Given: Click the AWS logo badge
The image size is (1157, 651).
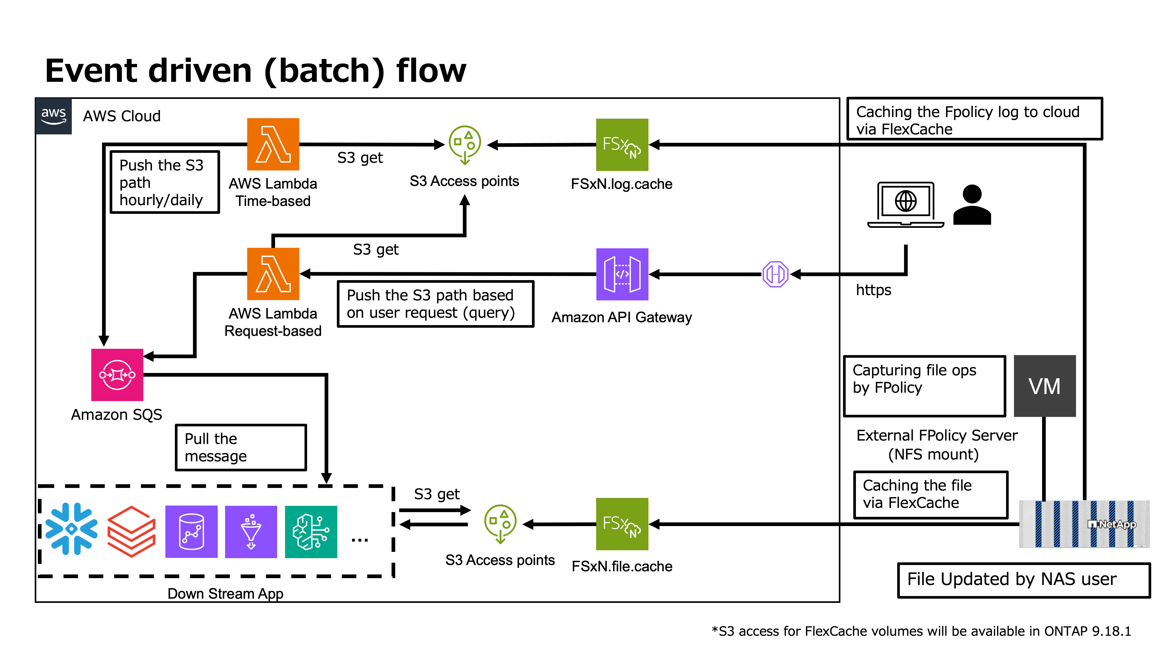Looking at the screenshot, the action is click(53, 116).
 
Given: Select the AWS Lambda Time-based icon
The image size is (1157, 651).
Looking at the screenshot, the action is click(273, 144).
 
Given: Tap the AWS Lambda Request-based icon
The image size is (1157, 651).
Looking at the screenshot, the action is click(273, 274).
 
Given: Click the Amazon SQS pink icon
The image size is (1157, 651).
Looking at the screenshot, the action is click(117, 375).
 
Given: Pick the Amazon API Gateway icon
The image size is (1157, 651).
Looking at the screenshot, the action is click(622, 274).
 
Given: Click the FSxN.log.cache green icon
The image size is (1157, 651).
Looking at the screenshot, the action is click(622, 145).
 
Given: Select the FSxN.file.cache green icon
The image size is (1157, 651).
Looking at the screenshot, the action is click(622, 524).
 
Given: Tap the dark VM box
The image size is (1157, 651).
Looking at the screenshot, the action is click(1045, 386).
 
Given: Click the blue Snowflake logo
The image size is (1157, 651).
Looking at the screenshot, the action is click(72, 529).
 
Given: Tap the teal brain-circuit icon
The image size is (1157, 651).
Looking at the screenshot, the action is click(311, 532).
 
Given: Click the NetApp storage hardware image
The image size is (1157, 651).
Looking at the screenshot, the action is click(1084, 524).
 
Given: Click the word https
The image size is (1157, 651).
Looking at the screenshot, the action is click(873, 290).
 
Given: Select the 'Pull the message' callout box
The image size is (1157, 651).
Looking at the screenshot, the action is click(241, 447).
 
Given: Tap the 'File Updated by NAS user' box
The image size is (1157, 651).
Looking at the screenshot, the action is click(1024, 580).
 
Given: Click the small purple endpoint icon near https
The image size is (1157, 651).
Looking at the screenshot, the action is click(775, 274).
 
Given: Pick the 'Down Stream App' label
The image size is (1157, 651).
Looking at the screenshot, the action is click(225, 593).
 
